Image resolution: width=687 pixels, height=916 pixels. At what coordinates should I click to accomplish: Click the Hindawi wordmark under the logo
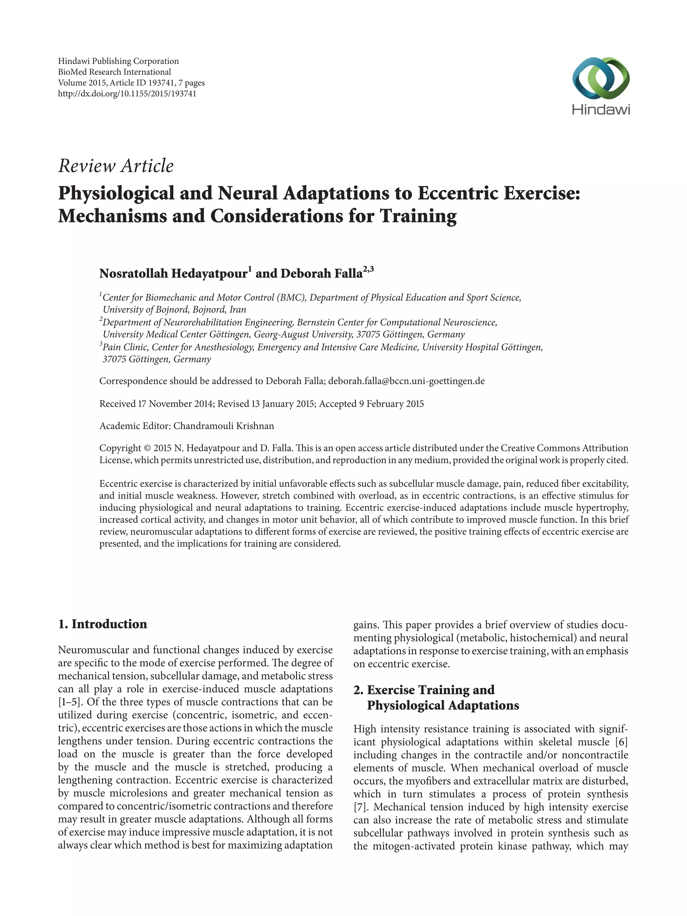coord(601,110)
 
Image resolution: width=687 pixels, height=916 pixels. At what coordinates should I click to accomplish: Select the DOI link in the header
coord(127,94)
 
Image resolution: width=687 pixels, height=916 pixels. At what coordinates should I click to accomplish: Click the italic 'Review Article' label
coord(116,166)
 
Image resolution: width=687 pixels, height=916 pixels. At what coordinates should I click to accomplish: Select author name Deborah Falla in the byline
coord(321,274)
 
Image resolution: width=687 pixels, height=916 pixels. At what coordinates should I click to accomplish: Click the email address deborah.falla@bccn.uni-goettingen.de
coord(406,381)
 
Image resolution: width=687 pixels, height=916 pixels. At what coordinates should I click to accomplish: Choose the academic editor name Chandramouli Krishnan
coord(224,426)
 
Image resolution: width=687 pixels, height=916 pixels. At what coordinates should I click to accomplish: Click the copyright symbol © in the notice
coord(147,448)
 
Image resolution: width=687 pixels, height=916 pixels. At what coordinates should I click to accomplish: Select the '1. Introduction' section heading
coord(103,624)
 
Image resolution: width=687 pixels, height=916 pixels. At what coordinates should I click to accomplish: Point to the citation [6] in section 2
coord(622,742)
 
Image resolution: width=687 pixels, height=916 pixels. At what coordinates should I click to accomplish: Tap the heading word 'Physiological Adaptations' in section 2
coord(443,705)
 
